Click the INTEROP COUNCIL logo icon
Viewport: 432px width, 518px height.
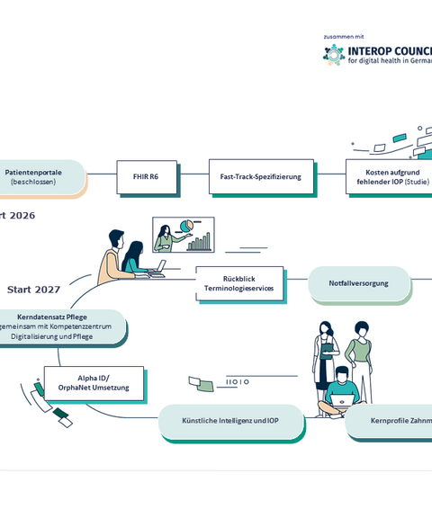[x=334, y=55]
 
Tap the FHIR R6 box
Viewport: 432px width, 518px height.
[x=146, y=177]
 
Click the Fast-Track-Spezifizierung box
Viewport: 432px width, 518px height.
[x=261, y=177]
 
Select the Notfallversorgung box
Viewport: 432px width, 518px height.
[x=359, y=283]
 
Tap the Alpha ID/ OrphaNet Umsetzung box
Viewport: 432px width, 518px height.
[x=94, y=383]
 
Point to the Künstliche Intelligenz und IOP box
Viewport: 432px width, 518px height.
[x=230, y=421]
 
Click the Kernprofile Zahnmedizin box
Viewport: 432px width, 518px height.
[x=391, y=421]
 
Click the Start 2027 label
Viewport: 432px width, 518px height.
[x=33, y=290]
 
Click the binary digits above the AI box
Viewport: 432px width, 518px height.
[x=238, y=382]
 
